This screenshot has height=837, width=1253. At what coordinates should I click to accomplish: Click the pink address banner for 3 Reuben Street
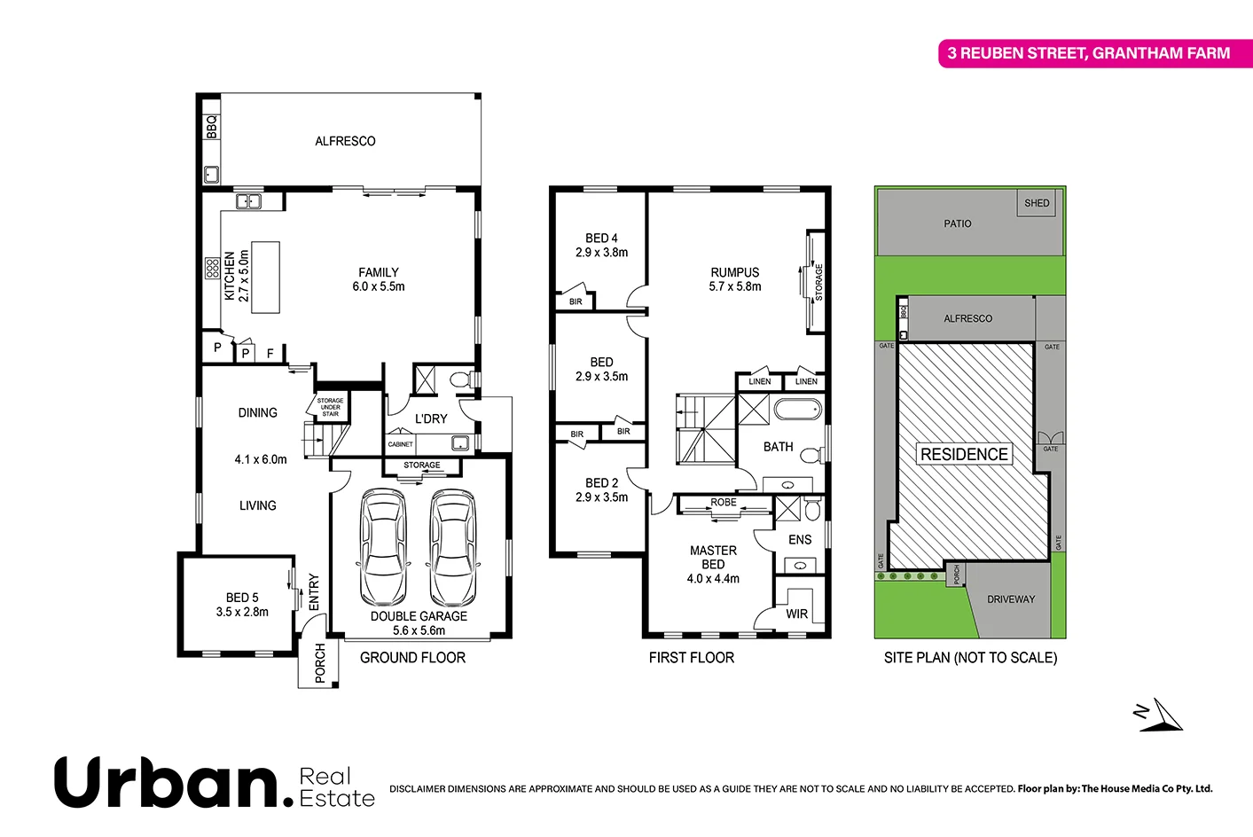coord(1089,53)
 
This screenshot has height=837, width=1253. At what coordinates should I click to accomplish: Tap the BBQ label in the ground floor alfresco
coord(211,127)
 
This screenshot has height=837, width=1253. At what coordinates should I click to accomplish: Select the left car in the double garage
coord(383,547)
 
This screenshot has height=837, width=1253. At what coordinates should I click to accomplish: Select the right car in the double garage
coord(453,547)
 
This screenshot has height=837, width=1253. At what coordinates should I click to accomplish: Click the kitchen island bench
coord(265,277)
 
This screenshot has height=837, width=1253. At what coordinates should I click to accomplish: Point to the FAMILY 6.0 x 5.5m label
coord(379,279)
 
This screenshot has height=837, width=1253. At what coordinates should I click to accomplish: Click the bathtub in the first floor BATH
coord(797,410)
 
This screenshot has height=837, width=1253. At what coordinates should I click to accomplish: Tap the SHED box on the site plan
coord(1037,203)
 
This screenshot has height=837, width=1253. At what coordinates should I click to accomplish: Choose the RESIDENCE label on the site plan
coord(964,455)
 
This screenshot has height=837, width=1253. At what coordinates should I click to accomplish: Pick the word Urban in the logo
coord(168,782)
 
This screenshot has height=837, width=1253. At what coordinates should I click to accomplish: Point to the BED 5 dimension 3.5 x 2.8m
coord(242,612)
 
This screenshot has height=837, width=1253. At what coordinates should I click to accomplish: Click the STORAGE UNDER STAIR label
coord(331,407)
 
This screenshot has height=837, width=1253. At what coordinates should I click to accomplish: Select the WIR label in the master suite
coord(796,614)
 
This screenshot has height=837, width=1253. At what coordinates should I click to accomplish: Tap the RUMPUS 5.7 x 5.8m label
coord(735,279)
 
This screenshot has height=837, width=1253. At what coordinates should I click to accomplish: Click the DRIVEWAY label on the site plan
coord(1011,599)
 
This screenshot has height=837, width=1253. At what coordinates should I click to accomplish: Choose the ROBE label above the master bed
coord(723,503)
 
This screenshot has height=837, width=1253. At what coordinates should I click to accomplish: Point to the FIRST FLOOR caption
coord(691,658)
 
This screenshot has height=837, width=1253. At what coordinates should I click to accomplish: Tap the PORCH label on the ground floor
coord(320,663)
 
